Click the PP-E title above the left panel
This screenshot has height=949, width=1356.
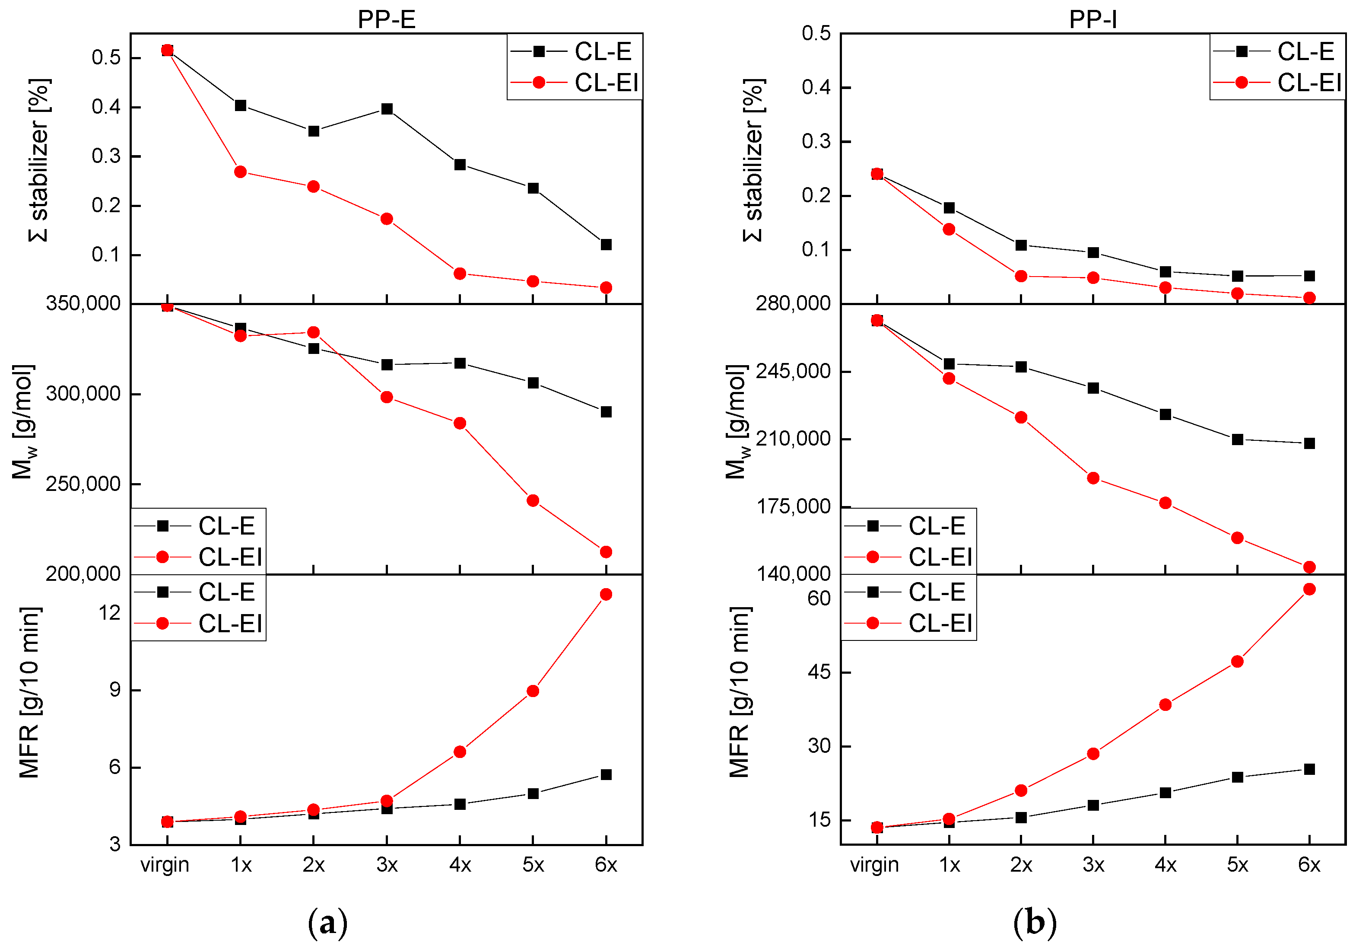pyautogui.click(x=386, y=19)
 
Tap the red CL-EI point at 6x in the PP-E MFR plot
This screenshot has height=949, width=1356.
pyautogui.click(x=605, y=595)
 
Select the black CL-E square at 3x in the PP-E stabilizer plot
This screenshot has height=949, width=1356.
pyautogui.click(x=387, y=109)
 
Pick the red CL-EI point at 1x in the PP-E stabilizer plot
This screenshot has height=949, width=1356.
pyautogui.click(x=240, y=172)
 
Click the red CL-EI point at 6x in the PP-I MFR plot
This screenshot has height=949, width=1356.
pyautogui.click(x=1309, y=589)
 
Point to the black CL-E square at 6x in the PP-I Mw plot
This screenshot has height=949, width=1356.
pyautogui.click(x=1309, y=443)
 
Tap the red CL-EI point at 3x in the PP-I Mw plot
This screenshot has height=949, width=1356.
pyautogui.click(x=1092, y=478)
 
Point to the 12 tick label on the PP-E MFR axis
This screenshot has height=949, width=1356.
pyautogui.click(x=110, y=613)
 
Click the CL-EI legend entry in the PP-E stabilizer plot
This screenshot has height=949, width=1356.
pyautogui.click(x=606, y=83)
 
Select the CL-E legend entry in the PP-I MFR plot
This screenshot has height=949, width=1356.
pyautogui.click(x=936, y=592)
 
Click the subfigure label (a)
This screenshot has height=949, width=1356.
pyautogui.click(x=328, y=922)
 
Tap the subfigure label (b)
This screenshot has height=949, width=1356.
pyautogui.click(x=1034, y=922)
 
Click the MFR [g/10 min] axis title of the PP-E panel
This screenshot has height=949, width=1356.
pyautogui.click(x=29, y=691)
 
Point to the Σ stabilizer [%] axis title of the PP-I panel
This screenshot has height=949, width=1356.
pyautogui.click(x=753, y=159)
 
